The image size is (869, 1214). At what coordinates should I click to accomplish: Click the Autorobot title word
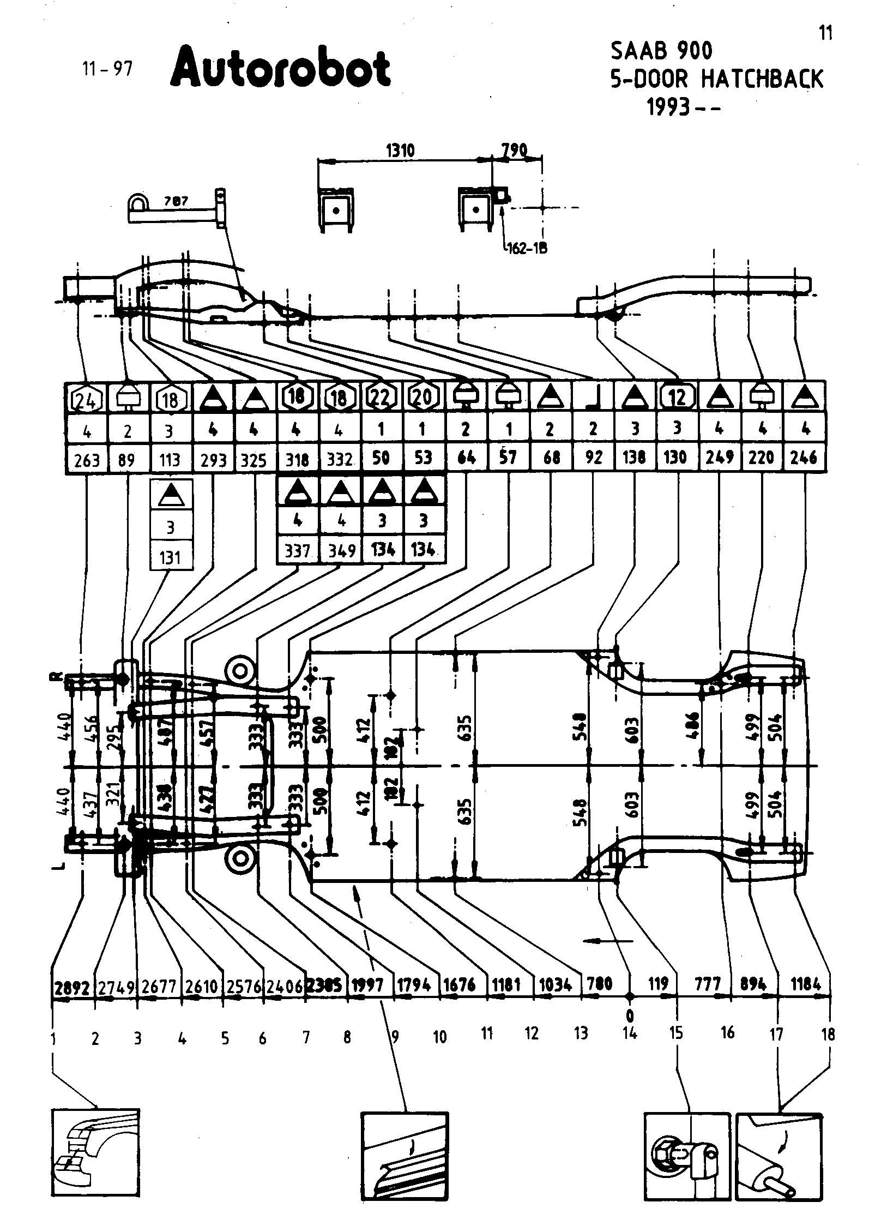(x=281, y=69)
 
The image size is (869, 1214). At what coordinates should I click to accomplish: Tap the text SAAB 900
(x=661, y=51)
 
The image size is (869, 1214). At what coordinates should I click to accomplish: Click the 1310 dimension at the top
(x=401, y=151)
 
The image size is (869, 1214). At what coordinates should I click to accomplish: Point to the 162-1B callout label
(x=527, y=249)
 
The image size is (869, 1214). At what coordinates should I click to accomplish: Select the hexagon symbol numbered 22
(x=381, y=398)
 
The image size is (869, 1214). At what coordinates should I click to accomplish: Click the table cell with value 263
(x=87, y=460)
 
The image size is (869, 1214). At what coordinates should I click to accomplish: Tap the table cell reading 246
(x=804, y=457)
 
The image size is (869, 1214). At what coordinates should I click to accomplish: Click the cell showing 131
(x=171, y=557)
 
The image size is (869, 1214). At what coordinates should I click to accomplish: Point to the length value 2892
(x=72, y=987)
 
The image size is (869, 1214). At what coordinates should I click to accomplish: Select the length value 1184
(x=805, y=984)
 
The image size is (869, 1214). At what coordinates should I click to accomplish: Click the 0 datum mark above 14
(x=630, y=1015)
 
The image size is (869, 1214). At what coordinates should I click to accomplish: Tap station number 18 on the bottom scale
(x=828, y=1034)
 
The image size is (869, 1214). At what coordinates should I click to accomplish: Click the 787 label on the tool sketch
(x=176, y=201)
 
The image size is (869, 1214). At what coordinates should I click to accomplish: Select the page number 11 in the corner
(x=826, y=34)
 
